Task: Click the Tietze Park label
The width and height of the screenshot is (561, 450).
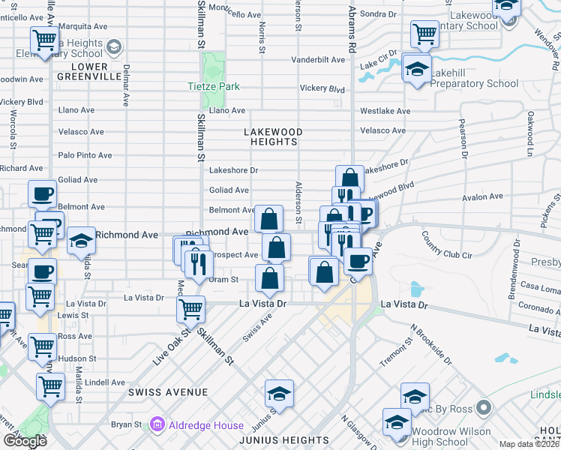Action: tap(214, 87)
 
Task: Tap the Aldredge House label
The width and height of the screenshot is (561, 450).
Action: tap(198, 425)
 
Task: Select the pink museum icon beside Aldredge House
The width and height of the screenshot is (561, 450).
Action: tap(157, 425)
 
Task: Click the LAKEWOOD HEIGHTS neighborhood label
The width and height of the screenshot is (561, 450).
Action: tap(273, 136)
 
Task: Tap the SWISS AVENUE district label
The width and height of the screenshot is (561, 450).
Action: tap(167, 392)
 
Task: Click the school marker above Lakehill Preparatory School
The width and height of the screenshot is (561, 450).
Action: tap(417, 69)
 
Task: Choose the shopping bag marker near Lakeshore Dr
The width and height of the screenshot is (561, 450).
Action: tap(349, 178)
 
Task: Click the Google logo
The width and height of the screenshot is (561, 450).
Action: tap(25, 441)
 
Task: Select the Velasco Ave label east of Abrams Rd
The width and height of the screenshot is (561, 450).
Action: tap(382, 130)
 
